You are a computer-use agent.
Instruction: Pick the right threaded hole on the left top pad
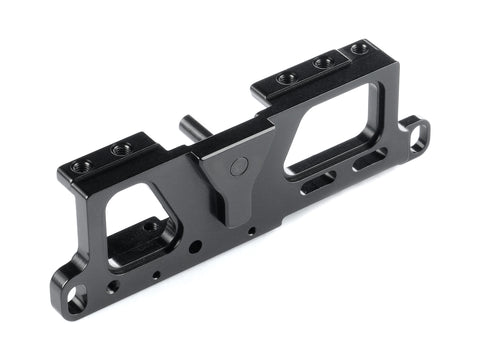point(120,150)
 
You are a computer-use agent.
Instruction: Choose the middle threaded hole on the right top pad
point(322,62)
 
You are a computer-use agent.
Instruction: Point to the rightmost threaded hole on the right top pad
point(356,48)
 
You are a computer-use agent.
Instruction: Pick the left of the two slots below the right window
point(318,183)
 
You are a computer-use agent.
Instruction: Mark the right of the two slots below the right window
point(369,159)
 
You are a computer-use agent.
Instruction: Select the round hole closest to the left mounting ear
point(113,286)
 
